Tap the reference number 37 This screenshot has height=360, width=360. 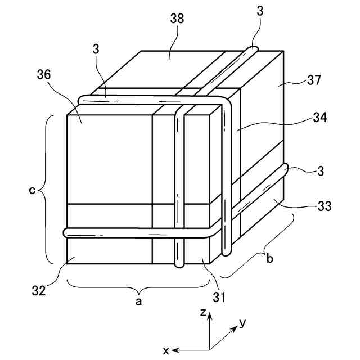[314, 80]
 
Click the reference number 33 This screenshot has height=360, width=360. [323, 206]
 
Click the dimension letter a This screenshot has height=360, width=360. [139, 302]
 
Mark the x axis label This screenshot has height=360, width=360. [166, 350]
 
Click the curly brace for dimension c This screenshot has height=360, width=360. [45, 190]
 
